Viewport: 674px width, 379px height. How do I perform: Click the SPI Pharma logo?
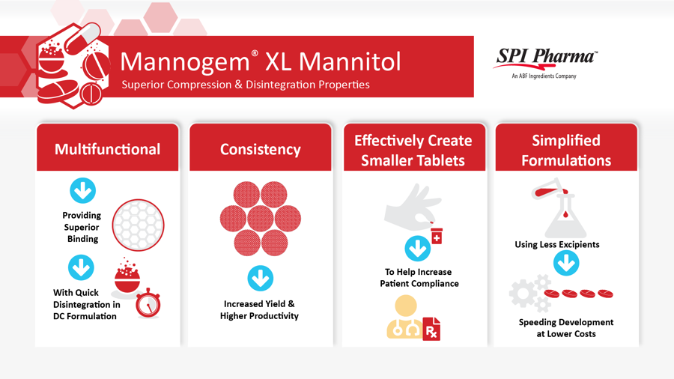(544, 63)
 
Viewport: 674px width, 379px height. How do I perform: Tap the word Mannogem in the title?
(185, 62)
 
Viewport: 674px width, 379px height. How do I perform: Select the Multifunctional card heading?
(107, 149)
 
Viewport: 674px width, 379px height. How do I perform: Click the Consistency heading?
(261, 149)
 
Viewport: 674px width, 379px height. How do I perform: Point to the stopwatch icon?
(148, 303)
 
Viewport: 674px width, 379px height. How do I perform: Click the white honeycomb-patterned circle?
(139, 225)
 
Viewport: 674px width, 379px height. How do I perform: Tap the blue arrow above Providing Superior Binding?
(82, 190)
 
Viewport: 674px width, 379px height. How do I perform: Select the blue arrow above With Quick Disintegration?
(81, 267)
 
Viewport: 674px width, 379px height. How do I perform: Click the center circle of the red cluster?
(261, 218)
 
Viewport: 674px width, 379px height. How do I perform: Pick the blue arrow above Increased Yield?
(260, 279)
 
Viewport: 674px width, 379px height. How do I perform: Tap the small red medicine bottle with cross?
(437, 237)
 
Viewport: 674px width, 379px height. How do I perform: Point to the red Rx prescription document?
(431, 329)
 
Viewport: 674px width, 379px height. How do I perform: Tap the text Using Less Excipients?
(557, 244)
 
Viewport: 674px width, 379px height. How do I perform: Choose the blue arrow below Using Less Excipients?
(566, 263)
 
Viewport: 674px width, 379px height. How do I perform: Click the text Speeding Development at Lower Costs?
(566, 328)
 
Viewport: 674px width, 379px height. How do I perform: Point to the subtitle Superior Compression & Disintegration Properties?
(246, 85)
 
